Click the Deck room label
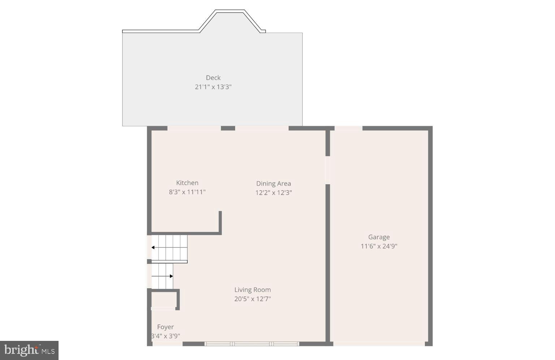(213, 78)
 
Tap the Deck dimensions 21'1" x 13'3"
(213, 87)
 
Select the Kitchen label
(187, 183)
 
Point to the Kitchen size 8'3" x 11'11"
(187, 192)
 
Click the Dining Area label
(274, 183)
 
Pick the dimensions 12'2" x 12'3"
(274, 193)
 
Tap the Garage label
(379, 237)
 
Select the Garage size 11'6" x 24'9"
(379, 246)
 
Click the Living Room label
(252, 290)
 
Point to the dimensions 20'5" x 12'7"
(252, 299)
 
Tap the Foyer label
(165, 327)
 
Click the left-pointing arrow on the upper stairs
(154, 247)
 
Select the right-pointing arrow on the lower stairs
(171, 276)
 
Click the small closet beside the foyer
(163, 300)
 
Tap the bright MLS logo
(29, 350)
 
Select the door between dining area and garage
(328, 170)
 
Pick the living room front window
(252, 344)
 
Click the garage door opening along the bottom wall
(379, 344)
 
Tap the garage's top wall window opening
(348, 128)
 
